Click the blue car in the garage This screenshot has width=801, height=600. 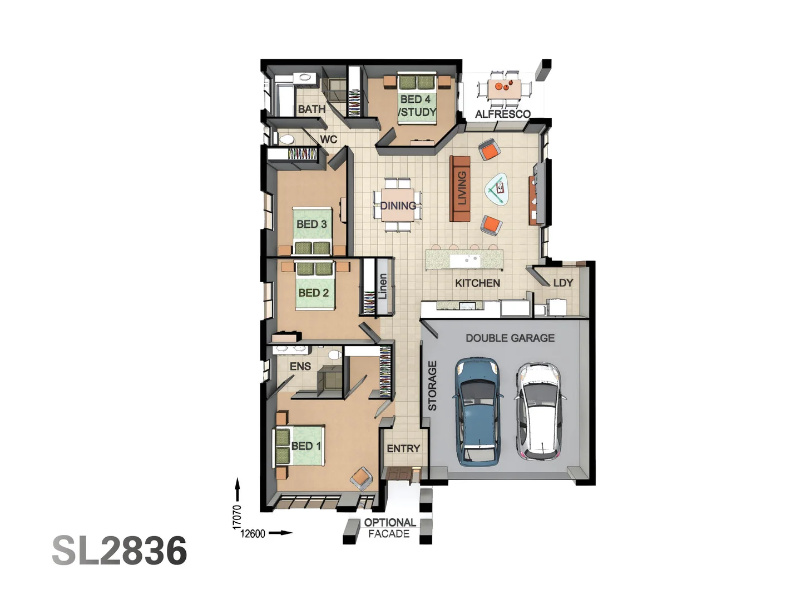477,411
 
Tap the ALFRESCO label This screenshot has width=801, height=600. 502,114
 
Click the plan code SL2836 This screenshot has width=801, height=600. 120,551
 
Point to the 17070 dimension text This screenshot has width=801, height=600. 237,517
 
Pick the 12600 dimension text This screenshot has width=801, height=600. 253,533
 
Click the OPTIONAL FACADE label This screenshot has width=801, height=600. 389,528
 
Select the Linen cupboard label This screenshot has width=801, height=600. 383,287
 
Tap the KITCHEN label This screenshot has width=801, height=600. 477,283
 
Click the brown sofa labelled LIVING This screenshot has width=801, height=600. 460,188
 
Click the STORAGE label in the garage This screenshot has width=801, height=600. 432,386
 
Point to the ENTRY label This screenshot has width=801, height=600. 403,448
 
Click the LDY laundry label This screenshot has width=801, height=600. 563,283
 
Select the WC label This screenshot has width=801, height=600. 328,139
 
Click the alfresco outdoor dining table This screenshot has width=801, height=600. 505,88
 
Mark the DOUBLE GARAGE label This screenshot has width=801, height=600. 510,338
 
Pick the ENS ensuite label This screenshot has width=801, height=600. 300,366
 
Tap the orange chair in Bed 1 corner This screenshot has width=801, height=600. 361,478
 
